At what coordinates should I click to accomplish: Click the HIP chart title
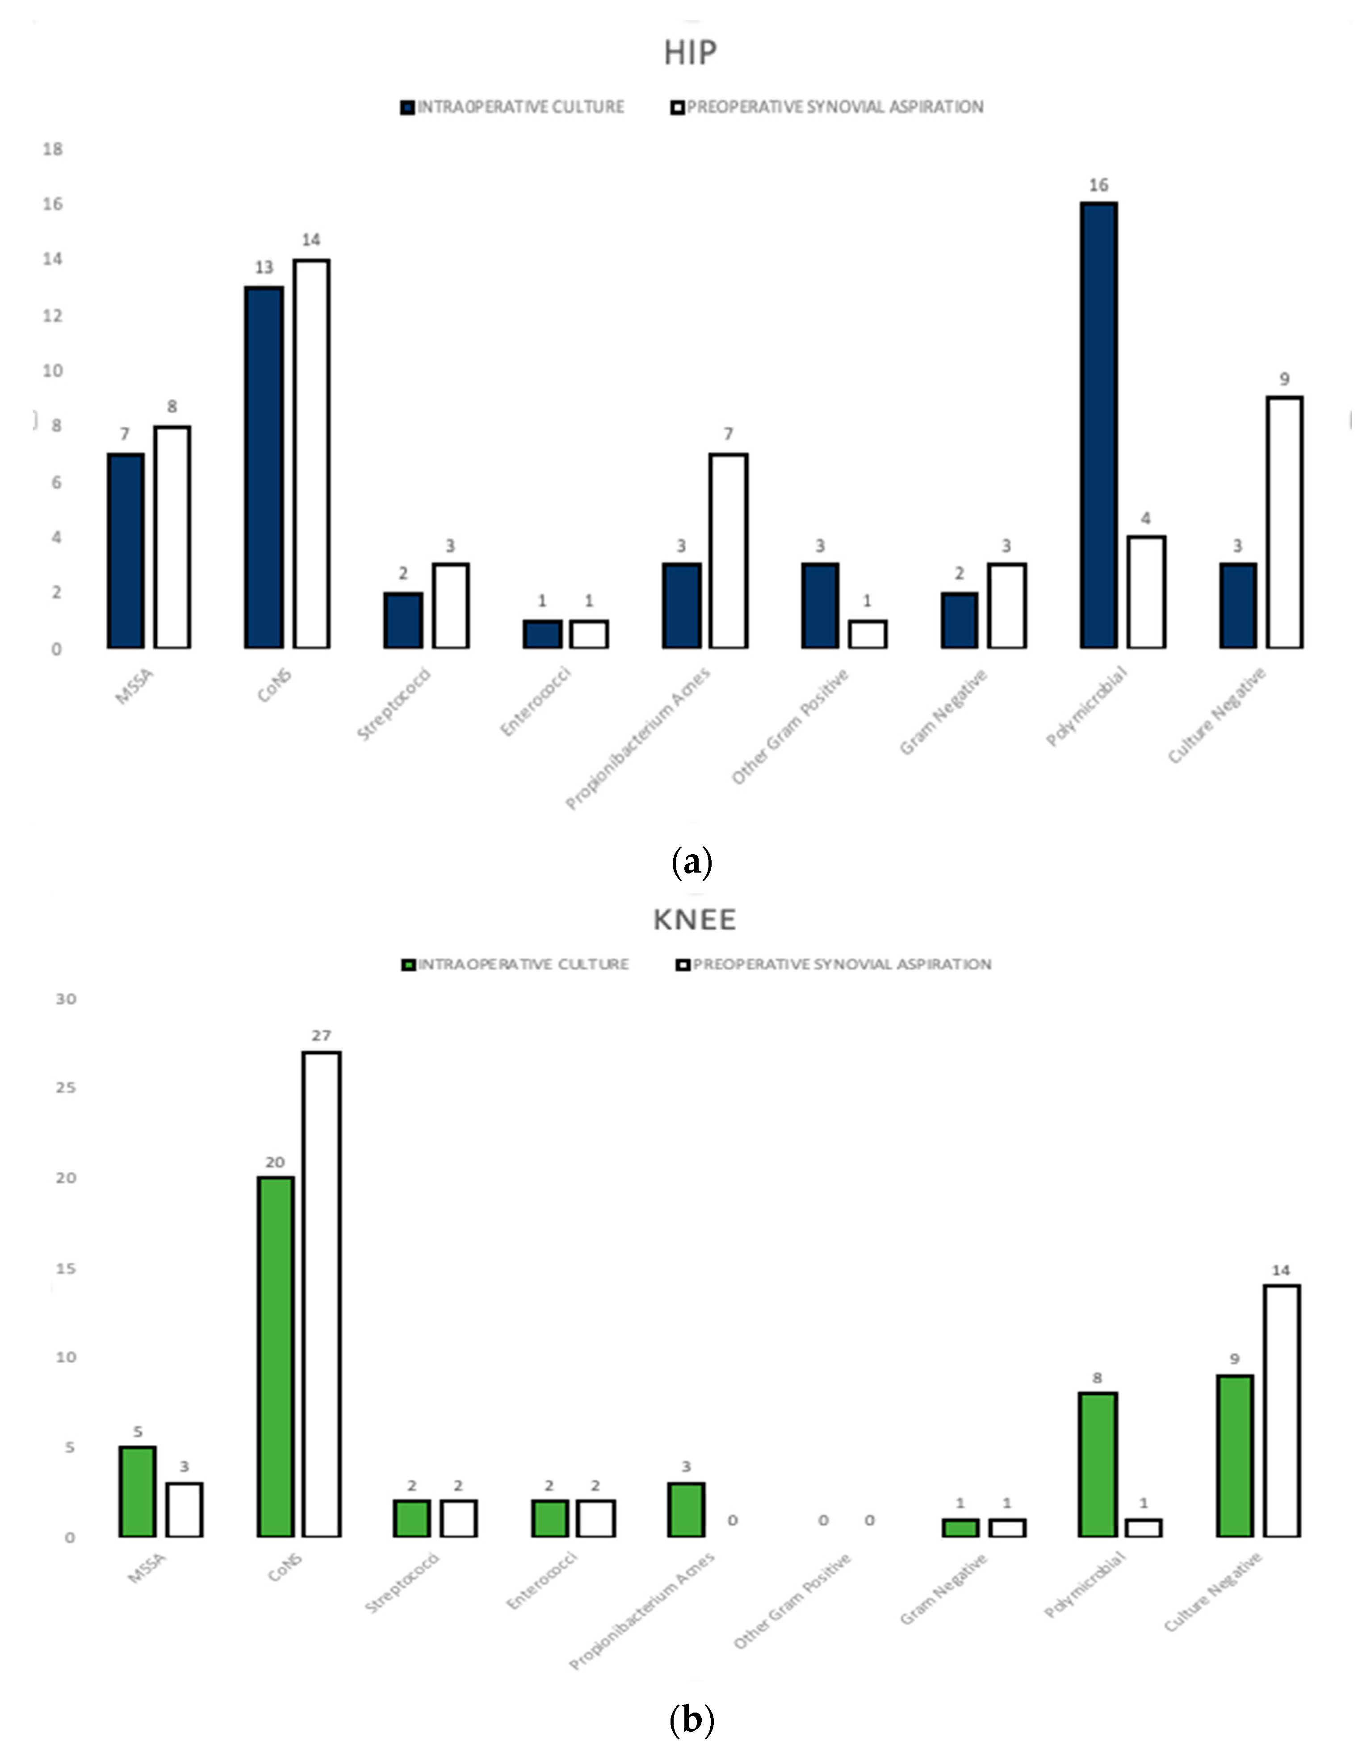tap(689, 53)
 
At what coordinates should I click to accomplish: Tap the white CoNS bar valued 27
tap(322, 1294)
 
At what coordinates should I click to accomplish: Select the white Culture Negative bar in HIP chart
tap(1284, 522)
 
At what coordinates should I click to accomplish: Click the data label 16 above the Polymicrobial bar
tap(1098, 185)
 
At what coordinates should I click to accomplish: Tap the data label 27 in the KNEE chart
tap(322, 1036)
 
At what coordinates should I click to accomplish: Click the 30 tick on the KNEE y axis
tap(66, 999)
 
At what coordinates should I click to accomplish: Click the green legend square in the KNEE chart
tap(408, 964)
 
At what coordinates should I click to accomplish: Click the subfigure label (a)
tap(691, 862)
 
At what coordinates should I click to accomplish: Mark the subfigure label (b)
tap(691, 1720)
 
